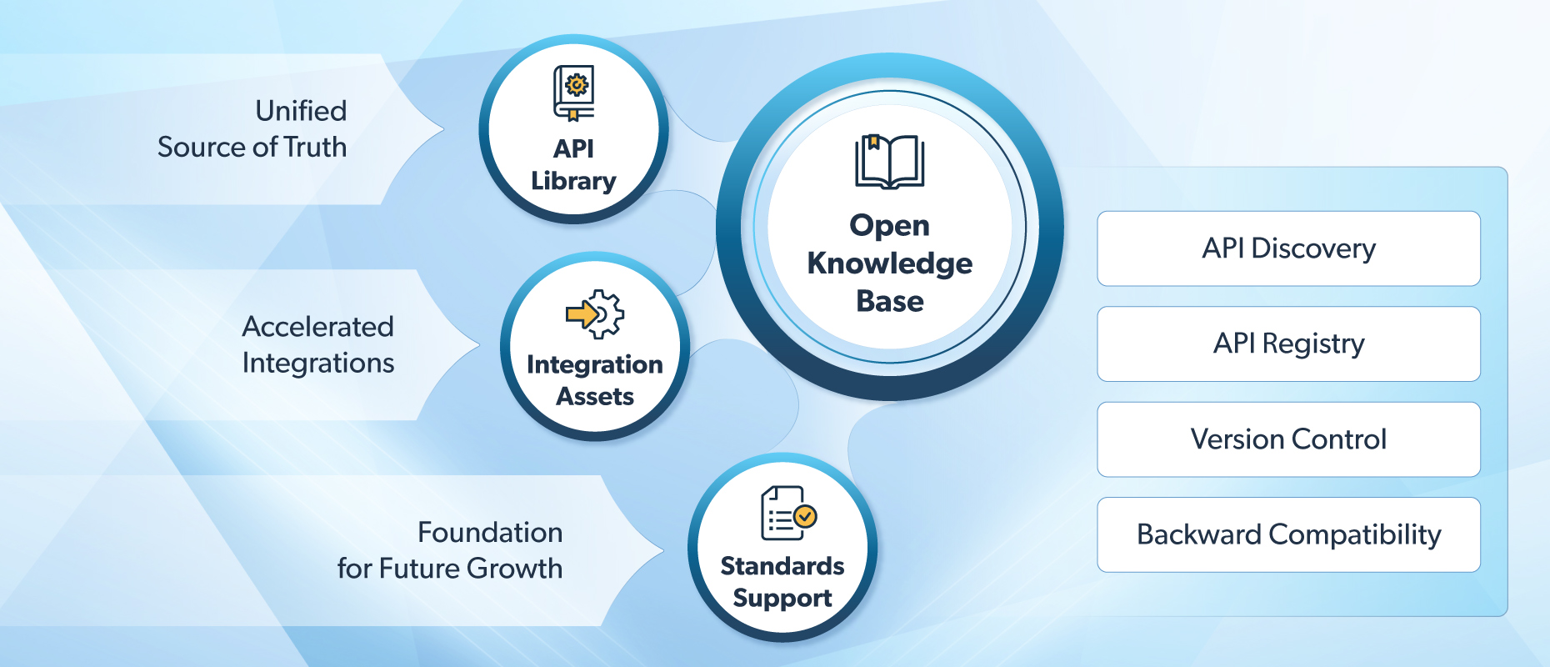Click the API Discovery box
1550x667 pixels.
[x=1288, y=248]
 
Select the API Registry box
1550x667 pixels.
[x=1288, y=344]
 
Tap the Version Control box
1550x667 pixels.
[x=1288, y=439]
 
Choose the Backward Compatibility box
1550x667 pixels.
[x=1288, y=534]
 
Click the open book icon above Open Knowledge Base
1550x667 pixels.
[x=889, y=162]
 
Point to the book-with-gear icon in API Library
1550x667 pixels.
[x=574, y=93]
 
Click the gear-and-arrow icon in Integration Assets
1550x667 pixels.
[x=595, y=313]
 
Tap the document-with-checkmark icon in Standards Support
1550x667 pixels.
[x=788, y=513]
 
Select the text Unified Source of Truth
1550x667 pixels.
[x=252, y=128]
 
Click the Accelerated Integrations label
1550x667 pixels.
[x=317, y=344]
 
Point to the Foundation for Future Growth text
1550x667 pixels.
[x=450, y=550]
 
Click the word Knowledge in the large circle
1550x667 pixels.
[x=890, y=263]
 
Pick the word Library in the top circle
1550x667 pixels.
[x=573, y=181]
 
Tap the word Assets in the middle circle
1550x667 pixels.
[x=595, y=396]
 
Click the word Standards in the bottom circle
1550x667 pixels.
[x=782, y=566]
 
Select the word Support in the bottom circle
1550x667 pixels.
[x=782, y=599]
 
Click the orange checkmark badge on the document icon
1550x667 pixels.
[x=805, y=516]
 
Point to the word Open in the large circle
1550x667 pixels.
[x=889, y=226]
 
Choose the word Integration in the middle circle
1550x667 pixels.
[x=595, y=364]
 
